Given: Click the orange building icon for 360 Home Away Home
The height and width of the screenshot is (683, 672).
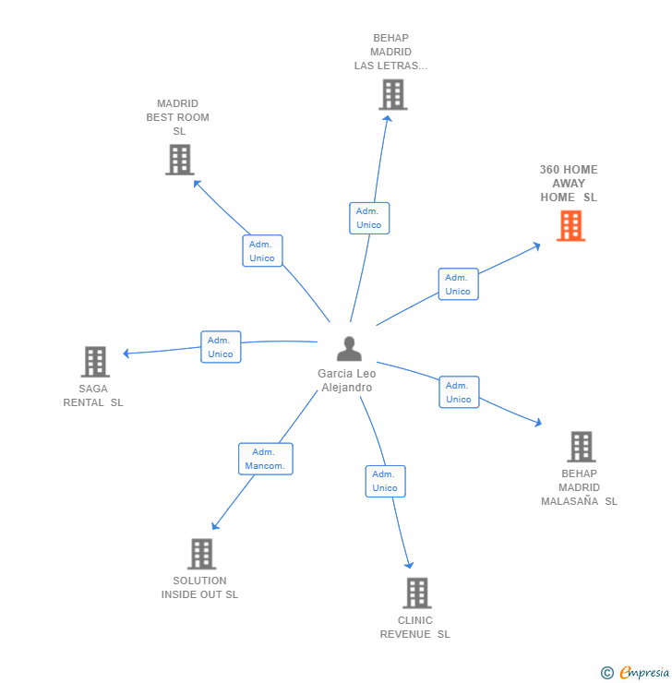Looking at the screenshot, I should [x=570, y=226].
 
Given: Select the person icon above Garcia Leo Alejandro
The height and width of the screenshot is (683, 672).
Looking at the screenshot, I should [x=349, y=349].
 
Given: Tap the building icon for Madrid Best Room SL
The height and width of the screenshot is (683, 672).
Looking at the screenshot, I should [x=179, y=160].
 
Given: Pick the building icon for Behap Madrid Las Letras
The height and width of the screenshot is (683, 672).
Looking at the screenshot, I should [x=392, y=94].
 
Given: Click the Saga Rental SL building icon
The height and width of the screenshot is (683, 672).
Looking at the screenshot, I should [x=94, y=362].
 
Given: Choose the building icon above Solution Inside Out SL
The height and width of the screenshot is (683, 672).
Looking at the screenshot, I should [x=201, y=554].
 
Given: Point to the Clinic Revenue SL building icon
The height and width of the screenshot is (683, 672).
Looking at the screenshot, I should [x=416, y=593].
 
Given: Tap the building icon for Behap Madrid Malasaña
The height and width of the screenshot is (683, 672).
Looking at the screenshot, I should [x=581, y=447].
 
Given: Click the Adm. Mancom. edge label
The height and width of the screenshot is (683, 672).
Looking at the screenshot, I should [x=265, y=459].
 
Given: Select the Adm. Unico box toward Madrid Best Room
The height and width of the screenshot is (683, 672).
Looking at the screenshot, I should [x=262, y=251].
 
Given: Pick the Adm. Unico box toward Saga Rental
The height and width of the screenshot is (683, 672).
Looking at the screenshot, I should [x=221, y=347].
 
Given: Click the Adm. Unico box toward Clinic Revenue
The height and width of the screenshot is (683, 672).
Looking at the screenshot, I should [x=385, y=481].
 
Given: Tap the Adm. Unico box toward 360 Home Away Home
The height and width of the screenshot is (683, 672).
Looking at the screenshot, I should [x=458, y=284].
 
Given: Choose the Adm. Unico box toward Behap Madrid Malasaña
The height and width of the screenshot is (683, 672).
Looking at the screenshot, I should [x=459, y=392].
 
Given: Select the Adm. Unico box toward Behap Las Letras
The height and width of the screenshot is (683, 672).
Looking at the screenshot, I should [x=369, y=218].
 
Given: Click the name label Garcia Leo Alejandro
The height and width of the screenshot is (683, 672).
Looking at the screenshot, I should [x=347, y=380].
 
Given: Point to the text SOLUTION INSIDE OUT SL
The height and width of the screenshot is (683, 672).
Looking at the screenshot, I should [x=199, y=588].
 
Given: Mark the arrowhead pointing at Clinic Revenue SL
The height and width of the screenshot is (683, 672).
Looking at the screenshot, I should [x=410, y=566].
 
